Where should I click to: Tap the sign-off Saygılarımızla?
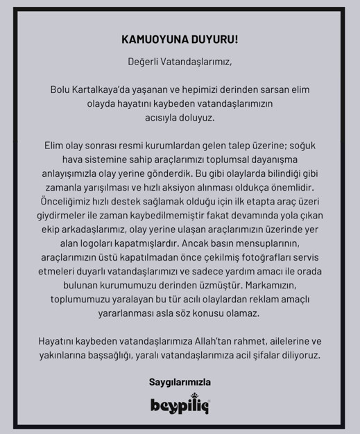(x=180, y=381)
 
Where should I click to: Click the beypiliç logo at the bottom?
(x=180, y=404)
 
